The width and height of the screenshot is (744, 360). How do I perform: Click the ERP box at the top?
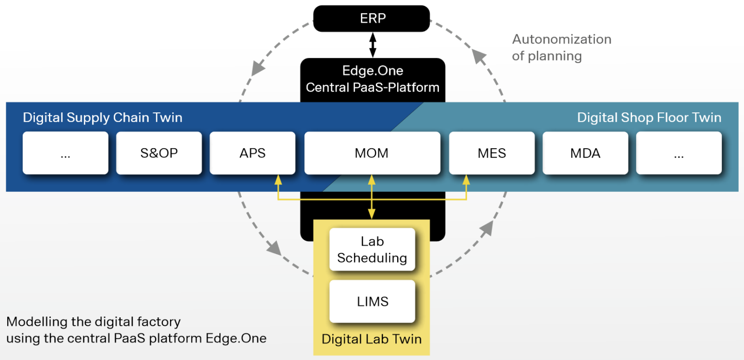[x=372, y=19]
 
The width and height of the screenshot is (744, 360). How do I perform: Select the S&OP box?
[x=159, y=153]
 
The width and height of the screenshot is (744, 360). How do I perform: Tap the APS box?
[x=252, y=153]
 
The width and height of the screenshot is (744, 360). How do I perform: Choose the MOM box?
[x=372, y=153]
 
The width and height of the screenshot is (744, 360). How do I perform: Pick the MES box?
[x=492, y=153]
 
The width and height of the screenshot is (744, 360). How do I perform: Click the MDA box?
[x=585, y=153]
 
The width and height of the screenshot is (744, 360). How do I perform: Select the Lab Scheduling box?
[x=372, y=250]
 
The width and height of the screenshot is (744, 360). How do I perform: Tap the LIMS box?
[x=372, y=301]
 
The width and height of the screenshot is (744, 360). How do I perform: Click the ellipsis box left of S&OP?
[x=65, y=153]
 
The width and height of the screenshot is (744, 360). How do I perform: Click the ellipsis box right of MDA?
[x=679, y=153]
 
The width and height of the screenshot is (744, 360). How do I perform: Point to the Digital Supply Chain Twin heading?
[x=103, y=118]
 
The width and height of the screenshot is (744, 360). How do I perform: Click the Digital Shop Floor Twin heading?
[x=649, y=118]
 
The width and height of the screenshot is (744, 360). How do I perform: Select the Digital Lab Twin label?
[x=372, y=339]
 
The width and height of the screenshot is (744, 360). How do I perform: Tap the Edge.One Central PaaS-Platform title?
[x=372, y=79]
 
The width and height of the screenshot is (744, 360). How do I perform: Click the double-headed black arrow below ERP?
[x=372, y=45]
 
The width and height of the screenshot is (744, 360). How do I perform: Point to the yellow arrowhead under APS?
[x=278, y=179]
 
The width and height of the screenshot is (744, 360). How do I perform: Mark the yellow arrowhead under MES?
[x=466, y=179]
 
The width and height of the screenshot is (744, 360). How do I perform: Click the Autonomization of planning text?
[x=561, y=47]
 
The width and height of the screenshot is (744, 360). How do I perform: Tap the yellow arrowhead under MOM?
[x=372, y=179]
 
